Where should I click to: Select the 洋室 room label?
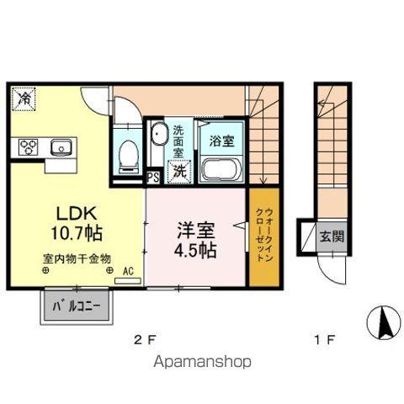[x=193, y=229]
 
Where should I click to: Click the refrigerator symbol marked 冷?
[x=25, y=100]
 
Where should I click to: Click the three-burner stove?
[x=28, y=148]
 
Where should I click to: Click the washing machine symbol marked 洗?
[x=180, y=169]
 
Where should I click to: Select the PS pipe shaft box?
[x=153, y=178]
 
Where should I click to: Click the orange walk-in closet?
[x=261, y=235]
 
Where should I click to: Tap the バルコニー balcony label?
[x=76, y=307]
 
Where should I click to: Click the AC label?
[x=129, y=272]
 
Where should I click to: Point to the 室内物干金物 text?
[x=71, y=259]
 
